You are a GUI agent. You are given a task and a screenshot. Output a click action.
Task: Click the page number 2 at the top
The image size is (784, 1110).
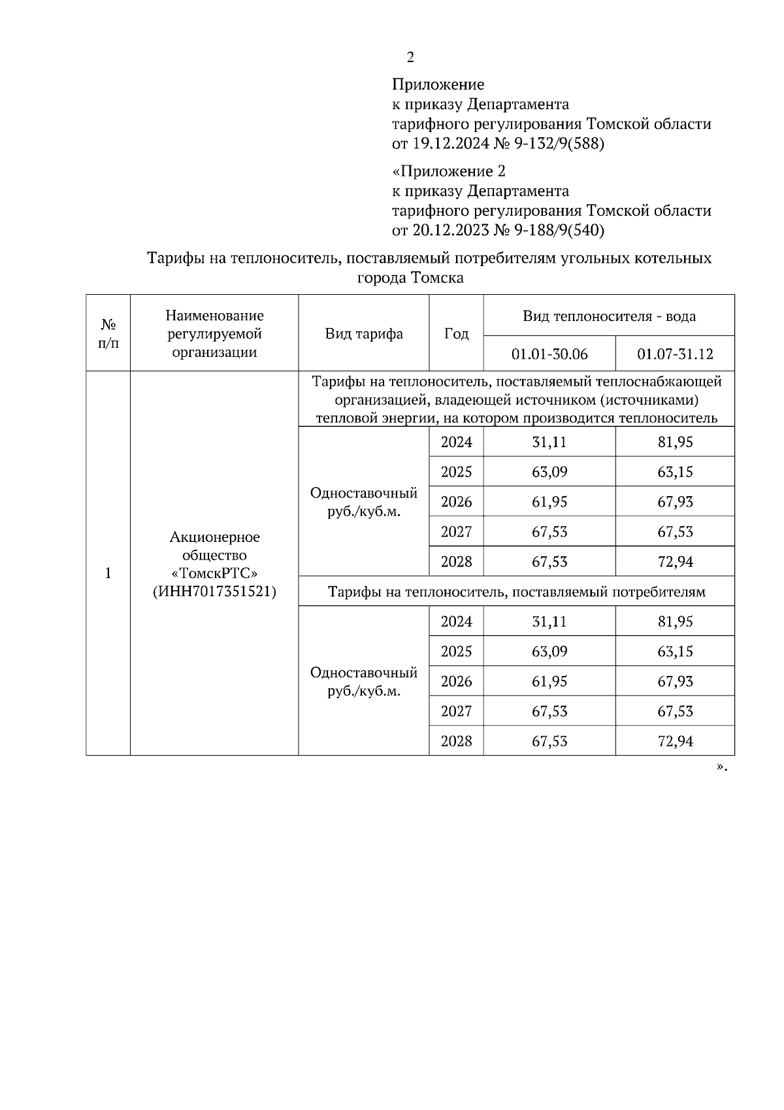tap(410, 58)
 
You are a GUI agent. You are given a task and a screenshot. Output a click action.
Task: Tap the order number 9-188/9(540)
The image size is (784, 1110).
tap(560, 230)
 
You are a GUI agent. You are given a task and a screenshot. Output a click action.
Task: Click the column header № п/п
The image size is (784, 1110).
tap(108, 333)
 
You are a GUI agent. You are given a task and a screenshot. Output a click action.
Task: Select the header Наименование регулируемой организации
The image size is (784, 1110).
tap(214, 334)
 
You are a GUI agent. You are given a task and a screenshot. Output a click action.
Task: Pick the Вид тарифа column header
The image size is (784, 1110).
tap(364, 334)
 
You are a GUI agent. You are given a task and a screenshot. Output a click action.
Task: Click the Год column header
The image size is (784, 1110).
tap(456, 334)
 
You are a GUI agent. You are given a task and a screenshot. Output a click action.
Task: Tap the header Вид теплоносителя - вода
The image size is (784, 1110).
tap(609, 316)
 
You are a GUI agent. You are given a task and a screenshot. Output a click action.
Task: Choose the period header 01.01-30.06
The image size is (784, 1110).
tap(549, 354)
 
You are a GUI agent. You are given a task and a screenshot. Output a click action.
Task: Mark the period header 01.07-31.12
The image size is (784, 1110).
tap(675, 354)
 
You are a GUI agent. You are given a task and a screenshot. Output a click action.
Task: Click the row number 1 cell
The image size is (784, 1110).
tap(108, 573)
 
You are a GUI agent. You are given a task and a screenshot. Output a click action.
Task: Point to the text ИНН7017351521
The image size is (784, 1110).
tap(214, 592)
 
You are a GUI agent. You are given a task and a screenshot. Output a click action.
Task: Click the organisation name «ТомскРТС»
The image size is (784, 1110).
tap(214, 573)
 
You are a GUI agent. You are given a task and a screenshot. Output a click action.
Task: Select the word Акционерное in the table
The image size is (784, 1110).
tap(214, 537)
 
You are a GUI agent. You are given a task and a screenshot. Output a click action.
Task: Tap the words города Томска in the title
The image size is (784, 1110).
tap(410, 278)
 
